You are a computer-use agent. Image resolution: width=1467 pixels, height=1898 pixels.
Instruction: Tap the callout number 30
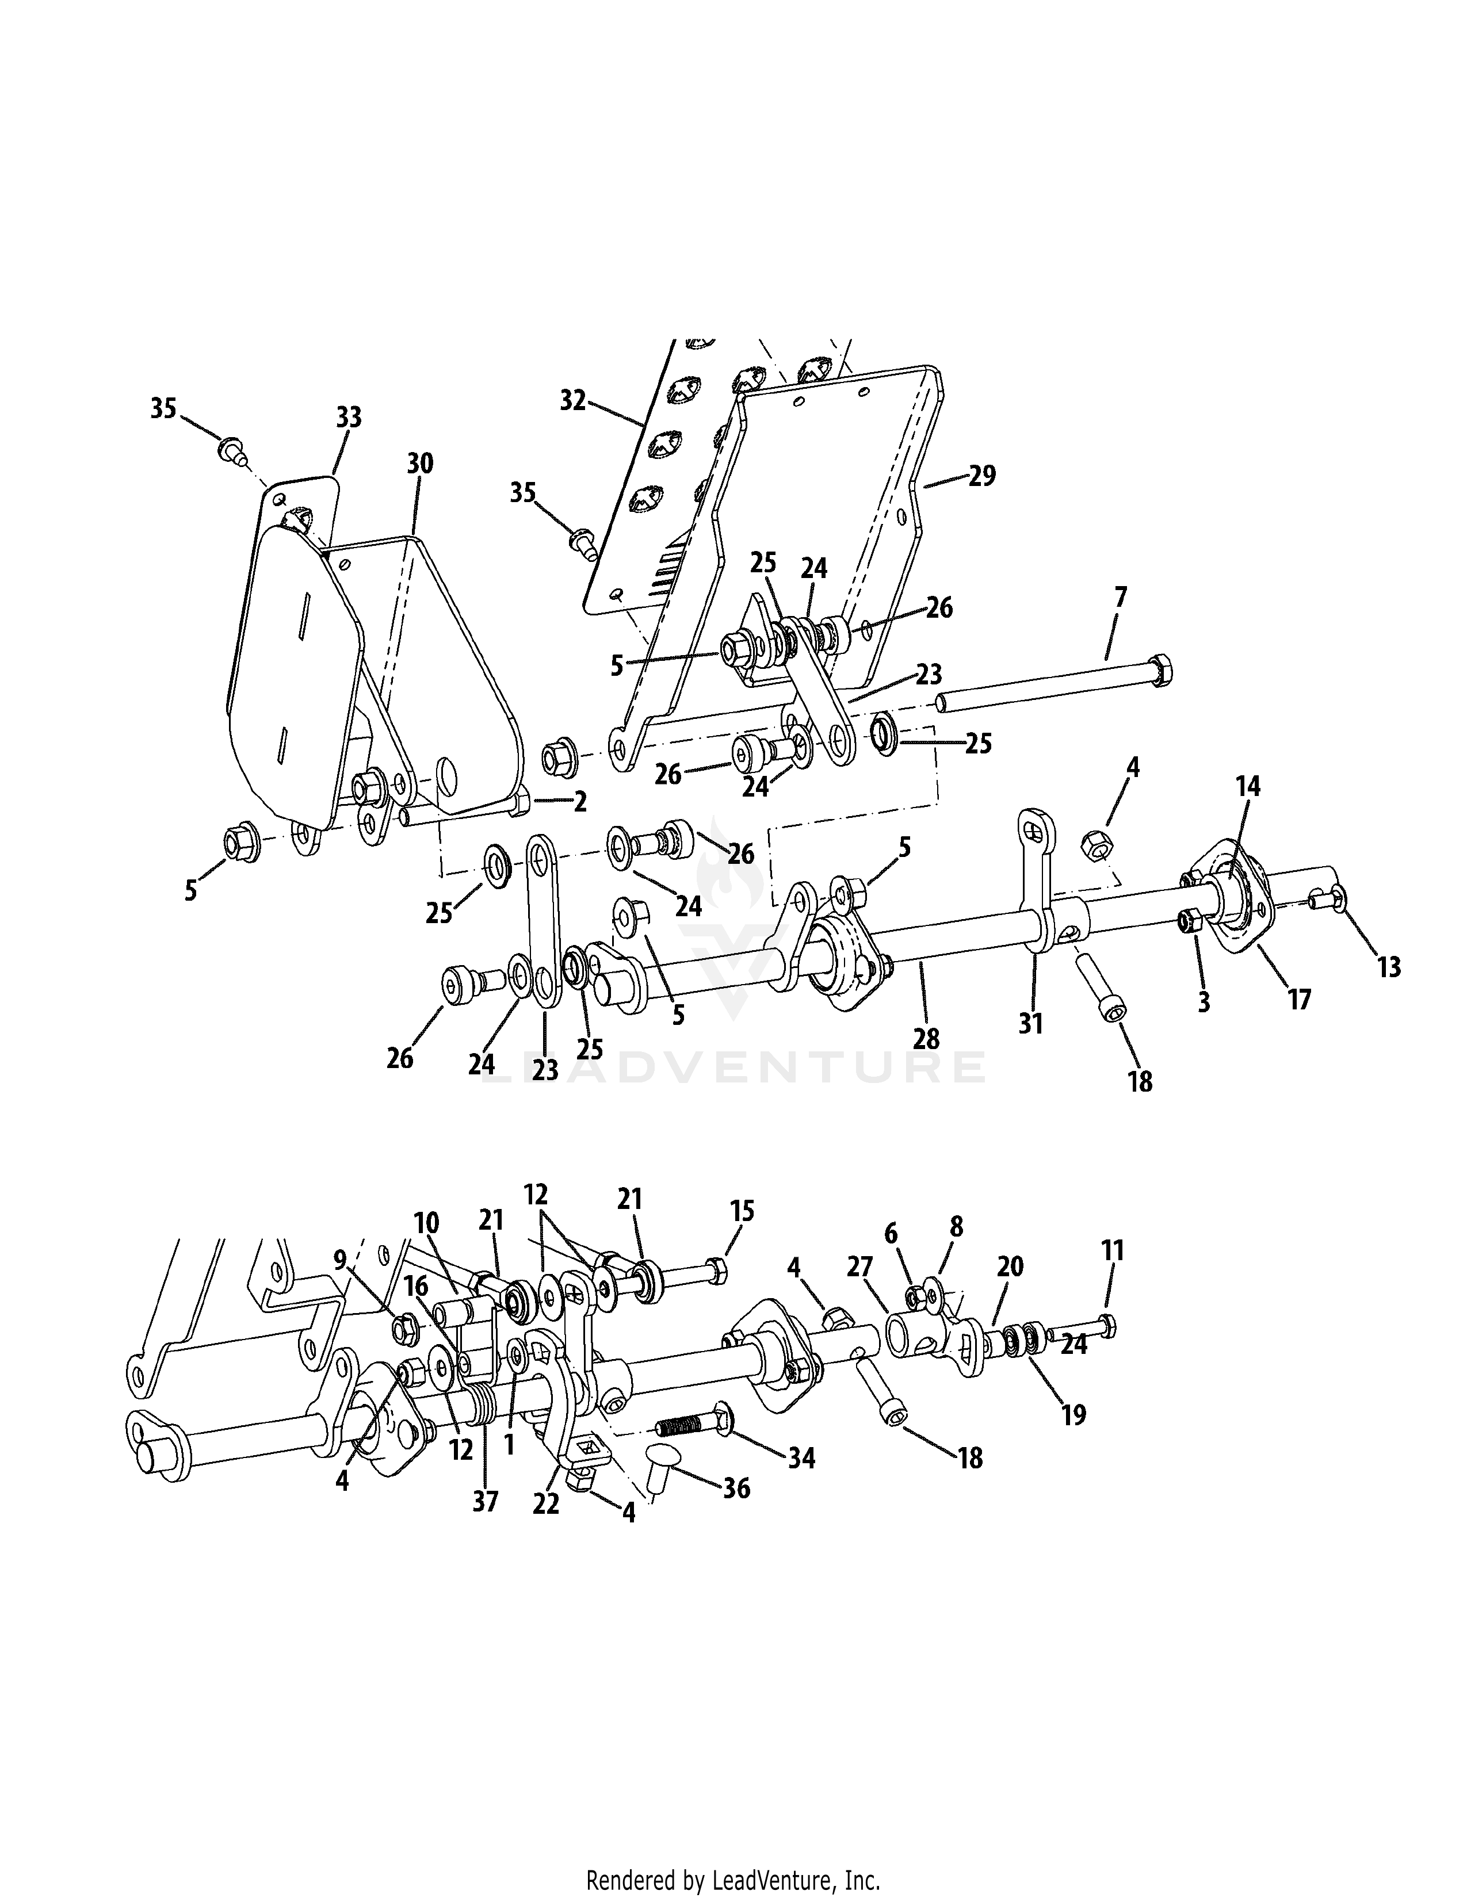pos(420,463)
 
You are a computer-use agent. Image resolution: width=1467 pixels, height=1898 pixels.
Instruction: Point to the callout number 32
pos(573,401)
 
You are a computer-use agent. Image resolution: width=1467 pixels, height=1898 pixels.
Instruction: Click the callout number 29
pos(982,476)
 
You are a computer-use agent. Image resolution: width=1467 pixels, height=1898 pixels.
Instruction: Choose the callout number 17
pos(1298,1000)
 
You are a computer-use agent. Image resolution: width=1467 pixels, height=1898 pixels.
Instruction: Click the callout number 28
pos(926,1039)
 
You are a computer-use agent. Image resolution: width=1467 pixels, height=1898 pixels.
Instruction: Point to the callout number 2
pos(580,801)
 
